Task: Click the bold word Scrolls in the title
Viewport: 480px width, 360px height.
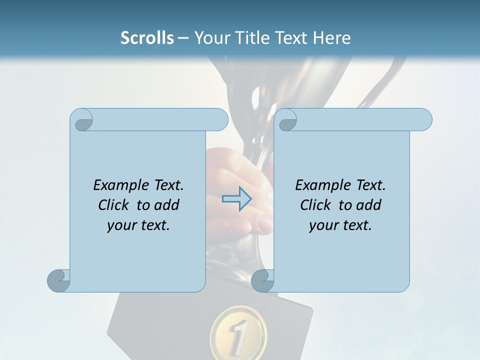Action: coord(147,38)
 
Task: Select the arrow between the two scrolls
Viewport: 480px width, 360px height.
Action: coord(237,199)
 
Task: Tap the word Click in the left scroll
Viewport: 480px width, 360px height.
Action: coord(113,205)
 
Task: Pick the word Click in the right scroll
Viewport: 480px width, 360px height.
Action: coord(315,205)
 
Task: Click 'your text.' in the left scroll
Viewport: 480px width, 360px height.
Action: coord(138,225)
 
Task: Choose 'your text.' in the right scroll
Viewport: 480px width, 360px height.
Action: coord(340,225)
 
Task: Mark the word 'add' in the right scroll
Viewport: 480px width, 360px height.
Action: coord(369,205)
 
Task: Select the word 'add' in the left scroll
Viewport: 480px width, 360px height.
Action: coord(167,205)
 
